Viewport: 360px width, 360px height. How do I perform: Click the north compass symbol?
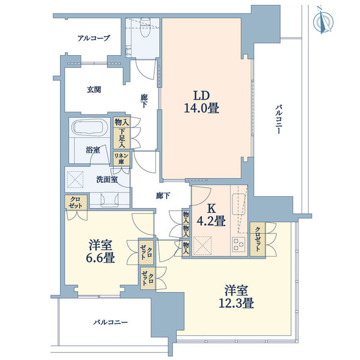coord(323,22)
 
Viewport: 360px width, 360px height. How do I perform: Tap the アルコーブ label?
coord(94,38)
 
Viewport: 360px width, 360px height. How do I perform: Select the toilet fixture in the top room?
coord(145,28)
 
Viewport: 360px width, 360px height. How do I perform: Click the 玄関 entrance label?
coord(94,89)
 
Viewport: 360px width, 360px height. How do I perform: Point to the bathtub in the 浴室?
coord(87,127)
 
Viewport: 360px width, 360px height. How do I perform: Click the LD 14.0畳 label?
coord(201,102)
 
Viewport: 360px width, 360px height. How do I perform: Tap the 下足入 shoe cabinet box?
coord(121,138)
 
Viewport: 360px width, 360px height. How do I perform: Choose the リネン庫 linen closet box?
coord(121,159)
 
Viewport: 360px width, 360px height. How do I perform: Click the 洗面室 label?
coord(107,179)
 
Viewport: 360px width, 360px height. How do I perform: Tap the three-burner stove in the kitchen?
coord(238,245)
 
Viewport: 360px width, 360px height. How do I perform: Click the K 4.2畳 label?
coord(211,215)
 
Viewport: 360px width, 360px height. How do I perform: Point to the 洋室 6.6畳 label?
coord(100,251)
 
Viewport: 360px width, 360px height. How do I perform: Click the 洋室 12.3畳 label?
coord(236,296)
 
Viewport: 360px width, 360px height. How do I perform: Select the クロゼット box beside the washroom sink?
coord(76,202)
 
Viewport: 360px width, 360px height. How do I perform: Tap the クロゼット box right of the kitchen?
coord(258,239)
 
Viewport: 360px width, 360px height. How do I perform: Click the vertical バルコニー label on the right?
coord(278,119)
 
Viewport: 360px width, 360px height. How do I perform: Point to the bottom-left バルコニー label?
coord(110,322)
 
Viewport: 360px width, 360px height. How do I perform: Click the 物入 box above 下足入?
coord(121,122)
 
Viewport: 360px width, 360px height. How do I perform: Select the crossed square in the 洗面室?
coord(75,179)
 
